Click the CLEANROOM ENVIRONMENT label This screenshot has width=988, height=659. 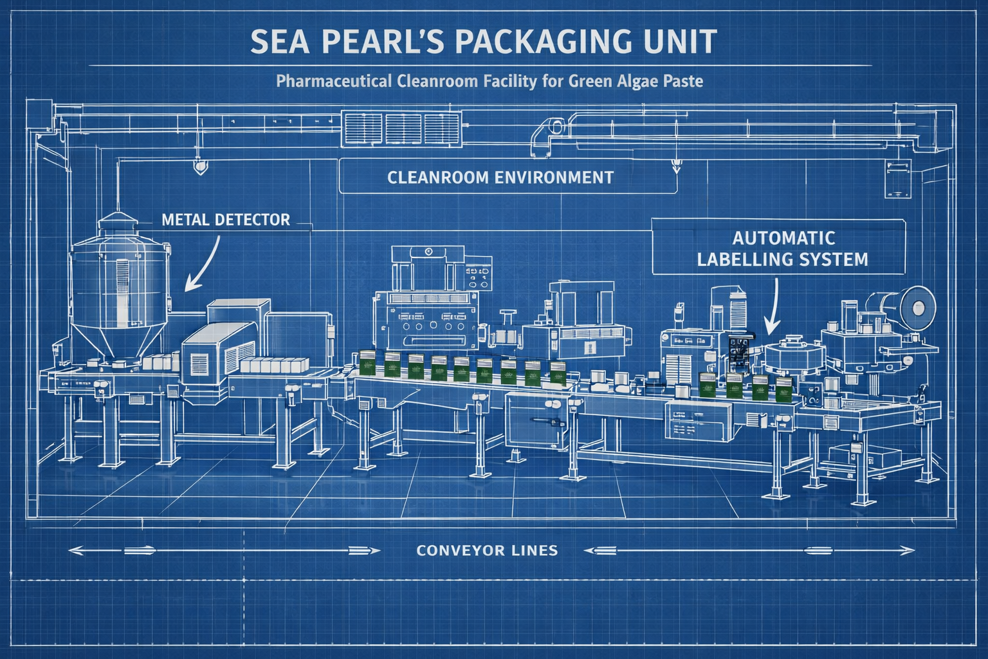[500, 177]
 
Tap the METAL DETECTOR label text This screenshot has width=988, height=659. [226, 219]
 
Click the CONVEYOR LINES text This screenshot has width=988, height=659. [487, 550]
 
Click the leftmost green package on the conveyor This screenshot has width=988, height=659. [367, 364]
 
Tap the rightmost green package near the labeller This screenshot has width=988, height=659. [783, 389]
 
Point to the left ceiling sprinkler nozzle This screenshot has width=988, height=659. [199, 167]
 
